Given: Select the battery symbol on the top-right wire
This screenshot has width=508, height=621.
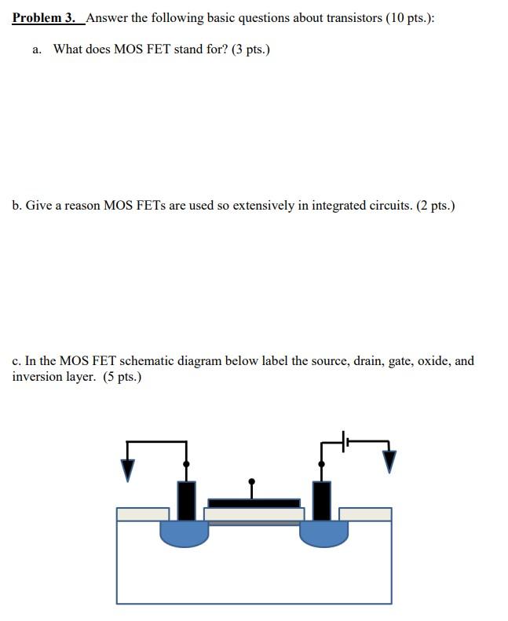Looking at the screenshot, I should (x=345, y=442).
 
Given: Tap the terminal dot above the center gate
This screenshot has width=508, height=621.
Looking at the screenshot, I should (x=252, y=481).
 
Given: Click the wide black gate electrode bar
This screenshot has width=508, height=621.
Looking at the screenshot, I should (x=254, y=502).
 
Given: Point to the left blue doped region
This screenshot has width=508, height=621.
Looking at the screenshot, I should (x=185, y=533).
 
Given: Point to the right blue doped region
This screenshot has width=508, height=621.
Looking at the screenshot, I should (x=323, y=533).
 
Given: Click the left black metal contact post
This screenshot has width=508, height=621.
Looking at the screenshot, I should (x=186, y=500).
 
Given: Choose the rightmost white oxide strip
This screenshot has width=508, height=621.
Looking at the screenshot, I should (x=365, y=514).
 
